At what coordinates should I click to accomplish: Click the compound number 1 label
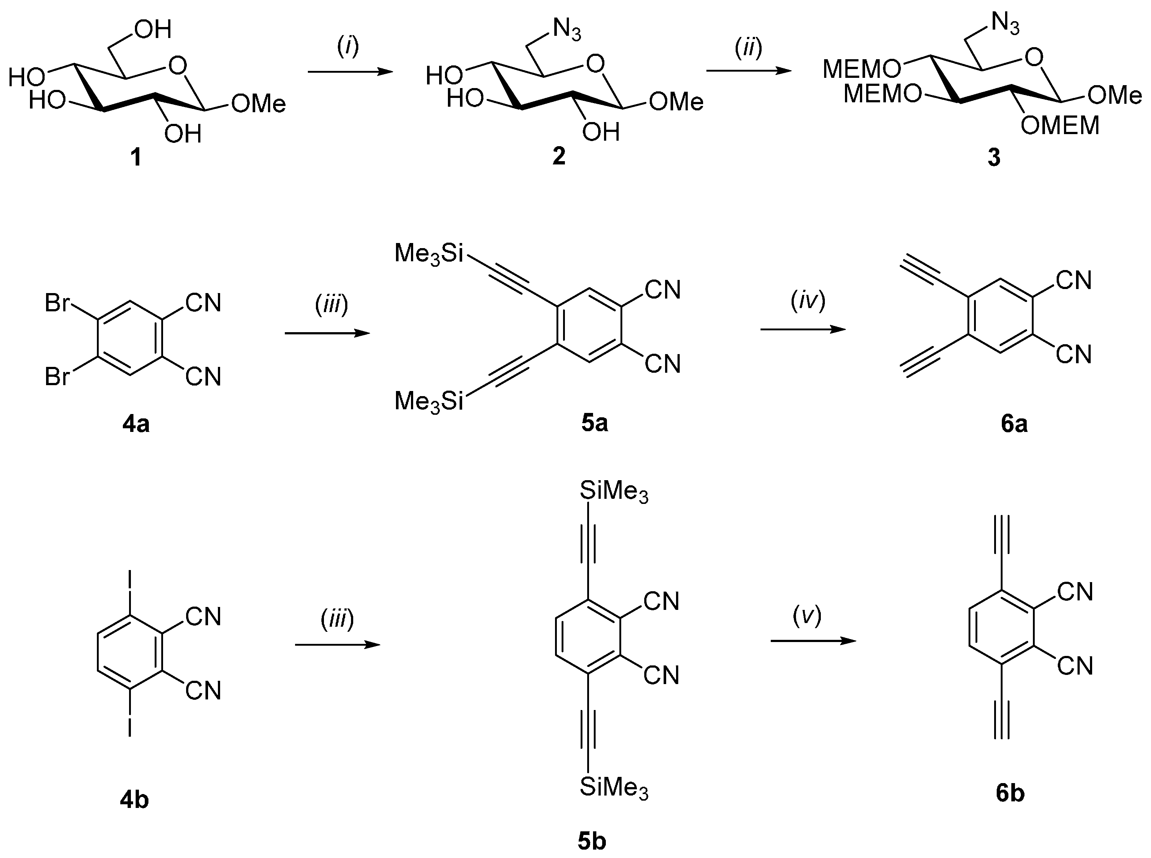pyautogui.click(x=136, y=156)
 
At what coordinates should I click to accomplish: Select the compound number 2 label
pyautogui.click(x=559, y=155)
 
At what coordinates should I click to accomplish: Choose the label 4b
pyautogui.click(x=134, y=800)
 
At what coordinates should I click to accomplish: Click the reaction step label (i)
pyautogui.click(x=348, y=47)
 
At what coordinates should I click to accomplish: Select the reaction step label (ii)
pyautogui.click(x=748, y=47)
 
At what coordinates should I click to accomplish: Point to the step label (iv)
pyautogui.click(x=808, y=301)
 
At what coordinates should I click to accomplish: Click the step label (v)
pyautogui.click(x=807, y=615)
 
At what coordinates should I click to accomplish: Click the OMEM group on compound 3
pyautogui.click(x=1060, y=126)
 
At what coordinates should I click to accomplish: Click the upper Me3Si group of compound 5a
pyautogui.click(x=429, y=254)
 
